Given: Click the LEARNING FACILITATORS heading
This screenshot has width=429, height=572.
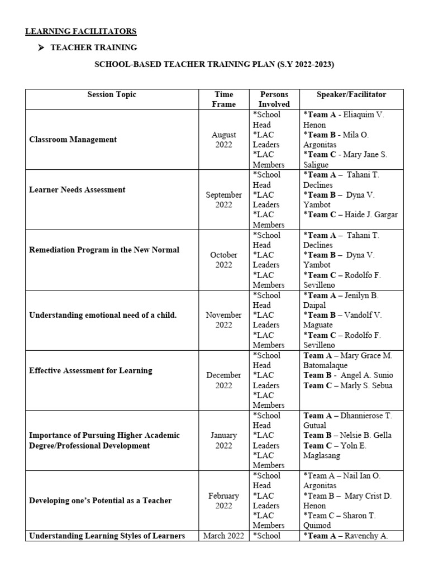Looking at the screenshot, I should pos(81,31).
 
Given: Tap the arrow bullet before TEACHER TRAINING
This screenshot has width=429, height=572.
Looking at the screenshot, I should pos(41,48).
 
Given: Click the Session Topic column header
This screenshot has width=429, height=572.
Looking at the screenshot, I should pos(112,94).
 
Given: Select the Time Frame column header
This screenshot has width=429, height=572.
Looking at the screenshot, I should pos(223,99).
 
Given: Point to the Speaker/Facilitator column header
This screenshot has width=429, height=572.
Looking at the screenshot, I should pos(351,94).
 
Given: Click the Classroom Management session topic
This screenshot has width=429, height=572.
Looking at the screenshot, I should pos(73,140).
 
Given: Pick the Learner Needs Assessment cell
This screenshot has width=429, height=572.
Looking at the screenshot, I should pos(77,190).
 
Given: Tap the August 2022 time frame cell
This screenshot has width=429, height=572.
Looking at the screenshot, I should pos(223,140).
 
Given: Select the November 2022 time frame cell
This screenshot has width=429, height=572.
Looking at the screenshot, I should pos(223,320).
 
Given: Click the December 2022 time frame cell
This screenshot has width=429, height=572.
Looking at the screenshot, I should pos(223,380).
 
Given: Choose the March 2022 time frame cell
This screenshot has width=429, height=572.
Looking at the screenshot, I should pos(223,536).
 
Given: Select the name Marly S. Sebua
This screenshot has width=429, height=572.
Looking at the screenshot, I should pos(366,385).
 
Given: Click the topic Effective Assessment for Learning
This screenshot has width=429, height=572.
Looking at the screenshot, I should pos(90,371).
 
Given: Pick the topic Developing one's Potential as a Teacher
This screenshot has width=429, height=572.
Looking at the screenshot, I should pos(101,501).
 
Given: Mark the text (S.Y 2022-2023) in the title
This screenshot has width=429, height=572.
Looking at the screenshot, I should pos(306,65).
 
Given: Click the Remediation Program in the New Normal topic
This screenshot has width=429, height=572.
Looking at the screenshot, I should pos(104,250).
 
